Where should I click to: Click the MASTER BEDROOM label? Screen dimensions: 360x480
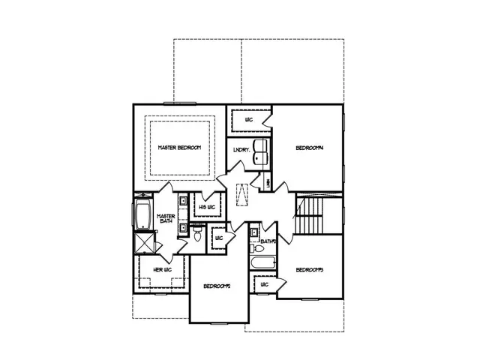(x=179, y=148)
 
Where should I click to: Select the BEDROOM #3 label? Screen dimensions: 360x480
(x=308, y=270)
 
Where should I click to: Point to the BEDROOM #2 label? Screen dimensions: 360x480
(x=216, y=286)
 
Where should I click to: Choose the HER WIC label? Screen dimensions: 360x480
(x=163, y=269)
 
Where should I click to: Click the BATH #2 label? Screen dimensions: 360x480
(x=268, y=241)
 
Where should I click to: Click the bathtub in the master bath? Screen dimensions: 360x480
(x=142, y=214)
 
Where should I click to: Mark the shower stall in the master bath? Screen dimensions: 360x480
(x=142, y=244)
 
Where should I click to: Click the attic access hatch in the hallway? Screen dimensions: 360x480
(x=242, y=194)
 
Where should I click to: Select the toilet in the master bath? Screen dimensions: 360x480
(x=197, y=236)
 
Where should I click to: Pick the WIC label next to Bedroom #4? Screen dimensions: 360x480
(x=248, y=119)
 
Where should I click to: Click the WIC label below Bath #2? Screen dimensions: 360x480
(x=264, y=285)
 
